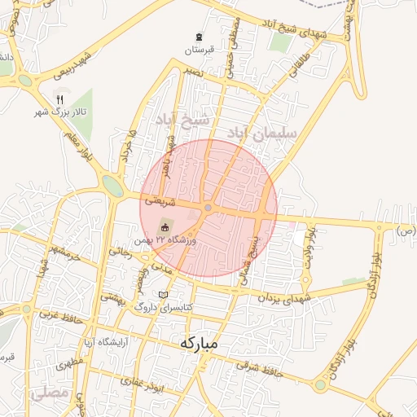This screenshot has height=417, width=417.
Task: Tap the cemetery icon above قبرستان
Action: [200, 37]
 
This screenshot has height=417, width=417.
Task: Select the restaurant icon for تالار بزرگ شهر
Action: [59, 99]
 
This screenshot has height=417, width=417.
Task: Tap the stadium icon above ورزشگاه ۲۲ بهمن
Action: [165, 227]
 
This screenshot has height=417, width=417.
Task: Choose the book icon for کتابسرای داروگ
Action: [164, 294]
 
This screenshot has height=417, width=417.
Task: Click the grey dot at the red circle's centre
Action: [208, 208]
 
